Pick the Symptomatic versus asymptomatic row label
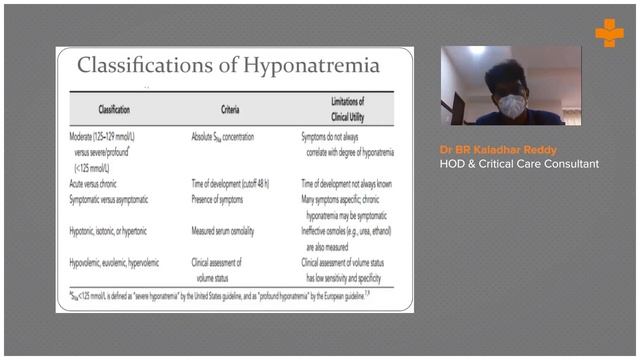tap(123, 199)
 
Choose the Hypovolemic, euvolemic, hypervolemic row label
tap(129, 261)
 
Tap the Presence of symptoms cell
tap(225, 199)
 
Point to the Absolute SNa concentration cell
tap(234, 133)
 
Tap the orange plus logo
tap(608, 33)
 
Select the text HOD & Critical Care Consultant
tap(519, 163)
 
